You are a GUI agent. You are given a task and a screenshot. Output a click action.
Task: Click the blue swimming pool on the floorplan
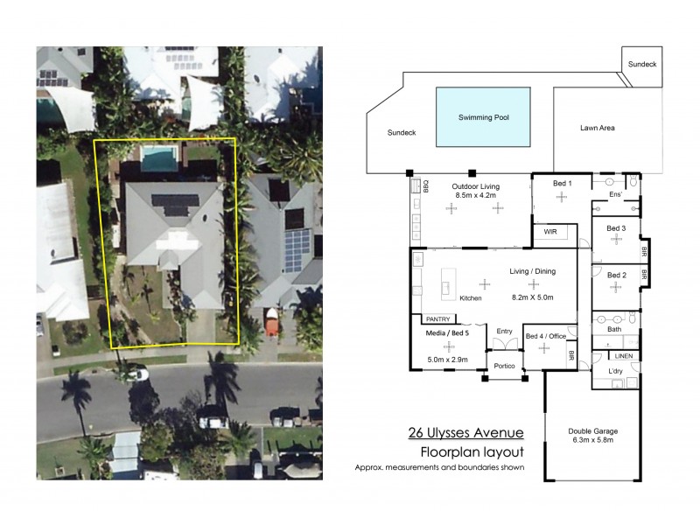coord(484,116)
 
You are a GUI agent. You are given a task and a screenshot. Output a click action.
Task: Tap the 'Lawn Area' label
coord(598,128)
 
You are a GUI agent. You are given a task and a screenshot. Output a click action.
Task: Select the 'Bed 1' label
coord(563,184)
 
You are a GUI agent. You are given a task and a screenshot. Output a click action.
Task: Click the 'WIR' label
coord(550,233)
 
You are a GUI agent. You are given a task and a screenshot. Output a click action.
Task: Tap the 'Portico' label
coord(504,365)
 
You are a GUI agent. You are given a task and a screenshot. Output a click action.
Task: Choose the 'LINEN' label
coord(623,356)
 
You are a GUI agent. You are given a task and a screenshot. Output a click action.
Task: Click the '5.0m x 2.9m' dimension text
coord(448,359)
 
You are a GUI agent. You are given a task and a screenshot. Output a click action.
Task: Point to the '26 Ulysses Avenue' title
coord(465,432)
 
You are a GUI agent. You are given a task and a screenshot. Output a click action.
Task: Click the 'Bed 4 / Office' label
coord(545,336)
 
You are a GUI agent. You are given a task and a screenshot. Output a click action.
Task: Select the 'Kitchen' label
coord(470,298)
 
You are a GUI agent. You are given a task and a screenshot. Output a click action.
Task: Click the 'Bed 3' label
coord(617,227)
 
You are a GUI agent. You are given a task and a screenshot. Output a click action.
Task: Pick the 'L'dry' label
coord(615,372)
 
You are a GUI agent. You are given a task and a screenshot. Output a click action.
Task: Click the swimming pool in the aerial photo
coord(159,158)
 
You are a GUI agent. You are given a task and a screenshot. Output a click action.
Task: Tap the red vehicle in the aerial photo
coord(271,325)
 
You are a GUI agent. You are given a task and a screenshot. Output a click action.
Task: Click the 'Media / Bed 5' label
coord(448,333)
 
